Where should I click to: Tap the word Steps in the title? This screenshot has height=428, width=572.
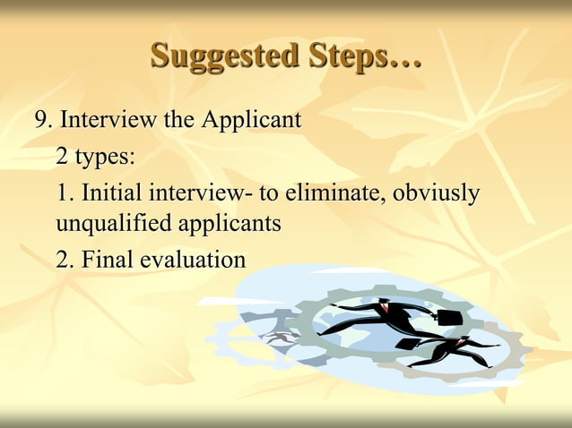pyautogui.click(x=347, y=56)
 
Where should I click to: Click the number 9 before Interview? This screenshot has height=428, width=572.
pyautogui.click(x=40, y=120)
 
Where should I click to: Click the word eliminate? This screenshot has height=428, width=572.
pyautogui.click(x=334, y=193)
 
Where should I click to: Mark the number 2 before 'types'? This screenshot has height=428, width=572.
pyautogui.click(x=62, y=157)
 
